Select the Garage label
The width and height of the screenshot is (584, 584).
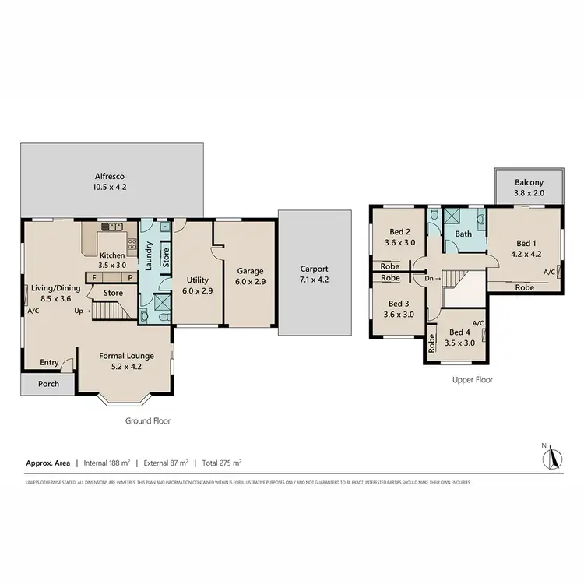pyautogui.click(x=251, y=271)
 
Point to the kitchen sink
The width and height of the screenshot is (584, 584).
pyautogui.click(x=114, y=227)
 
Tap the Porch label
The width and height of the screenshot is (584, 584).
pyautogui.click(x=48, y=384)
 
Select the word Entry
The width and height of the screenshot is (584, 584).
pyautogui.click(x=50, y=362)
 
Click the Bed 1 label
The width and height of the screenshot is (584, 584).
pyautogui.click(x=525, y=243)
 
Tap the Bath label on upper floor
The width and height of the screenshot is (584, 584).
pyautogui.click(x=463, y=234)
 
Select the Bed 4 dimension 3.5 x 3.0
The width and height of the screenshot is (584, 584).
pyautogui.click(x=459, y=343)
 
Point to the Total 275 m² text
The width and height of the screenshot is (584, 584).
pyautogui.click(x=221, y=463)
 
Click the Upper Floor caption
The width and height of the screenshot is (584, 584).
pyautogui.click(x=473, y=380)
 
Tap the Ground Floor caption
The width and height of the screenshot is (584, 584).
pyautogui.click(x=148, y=420)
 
